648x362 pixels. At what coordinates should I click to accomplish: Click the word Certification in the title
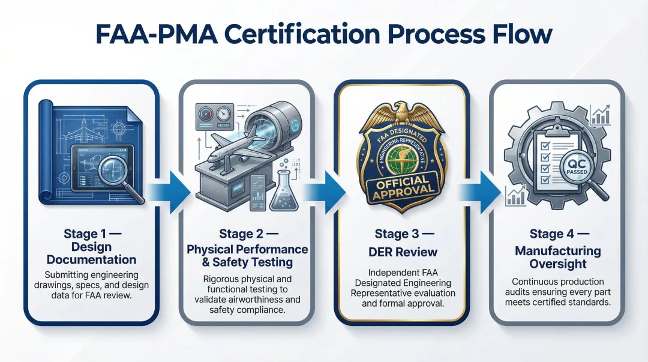[x=275, y=34]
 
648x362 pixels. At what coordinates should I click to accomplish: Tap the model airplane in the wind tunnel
[x=230, y=151]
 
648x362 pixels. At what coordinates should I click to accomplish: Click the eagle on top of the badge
[x=401, y=112]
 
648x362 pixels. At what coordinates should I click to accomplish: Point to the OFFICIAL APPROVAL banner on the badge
[x=401, y=186]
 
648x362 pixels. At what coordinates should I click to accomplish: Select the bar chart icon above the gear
[x=599, y=114]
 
